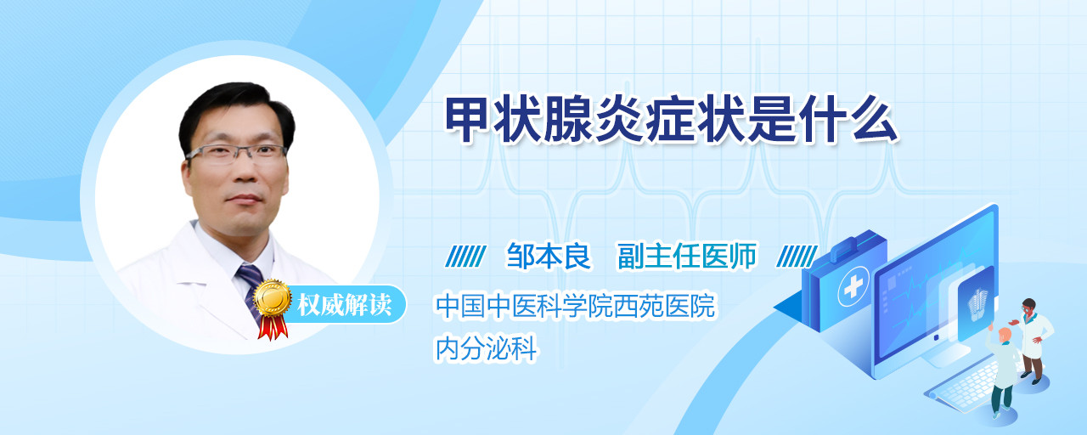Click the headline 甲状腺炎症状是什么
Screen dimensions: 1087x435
point(671,120)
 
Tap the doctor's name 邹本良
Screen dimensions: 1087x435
point(549,256)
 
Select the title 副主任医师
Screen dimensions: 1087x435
point(687,256)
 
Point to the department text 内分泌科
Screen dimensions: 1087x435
point(486,348)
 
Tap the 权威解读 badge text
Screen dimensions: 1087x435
point(345,305)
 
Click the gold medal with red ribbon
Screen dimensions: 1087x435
point(273,308)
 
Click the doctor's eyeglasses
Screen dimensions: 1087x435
point(235,154)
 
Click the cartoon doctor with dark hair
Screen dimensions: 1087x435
point(1031,341)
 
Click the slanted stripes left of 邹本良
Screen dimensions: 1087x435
point(465,257)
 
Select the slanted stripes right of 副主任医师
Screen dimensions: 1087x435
point(797,257)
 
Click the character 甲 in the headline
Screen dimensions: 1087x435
point(467,120)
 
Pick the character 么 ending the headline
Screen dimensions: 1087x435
point(876,120)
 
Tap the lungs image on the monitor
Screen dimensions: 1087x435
point(977,301)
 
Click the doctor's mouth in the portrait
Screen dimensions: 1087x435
point(244,198)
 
